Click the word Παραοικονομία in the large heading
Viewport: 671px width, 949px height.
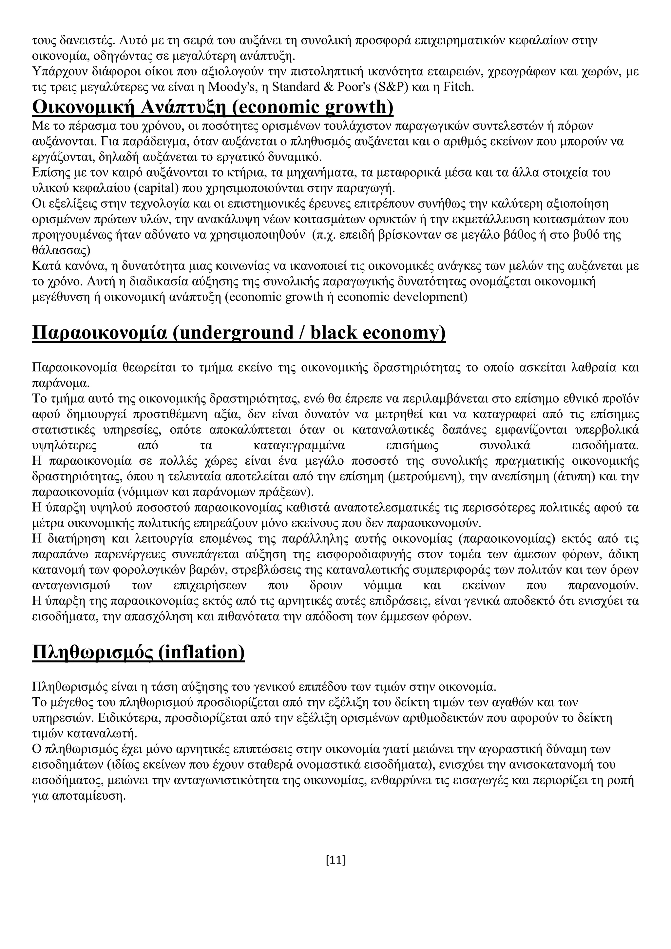tap(99, 333)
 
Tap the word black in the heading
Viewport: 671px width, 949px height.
tap(334, 333)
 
